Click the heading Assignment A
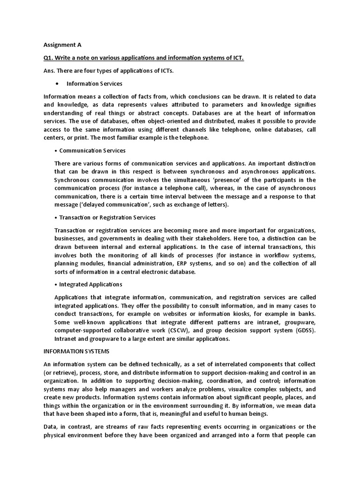62,45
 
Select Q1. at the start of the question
49,58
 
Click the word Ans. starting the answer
50,70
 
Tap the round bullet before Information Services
57,83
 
